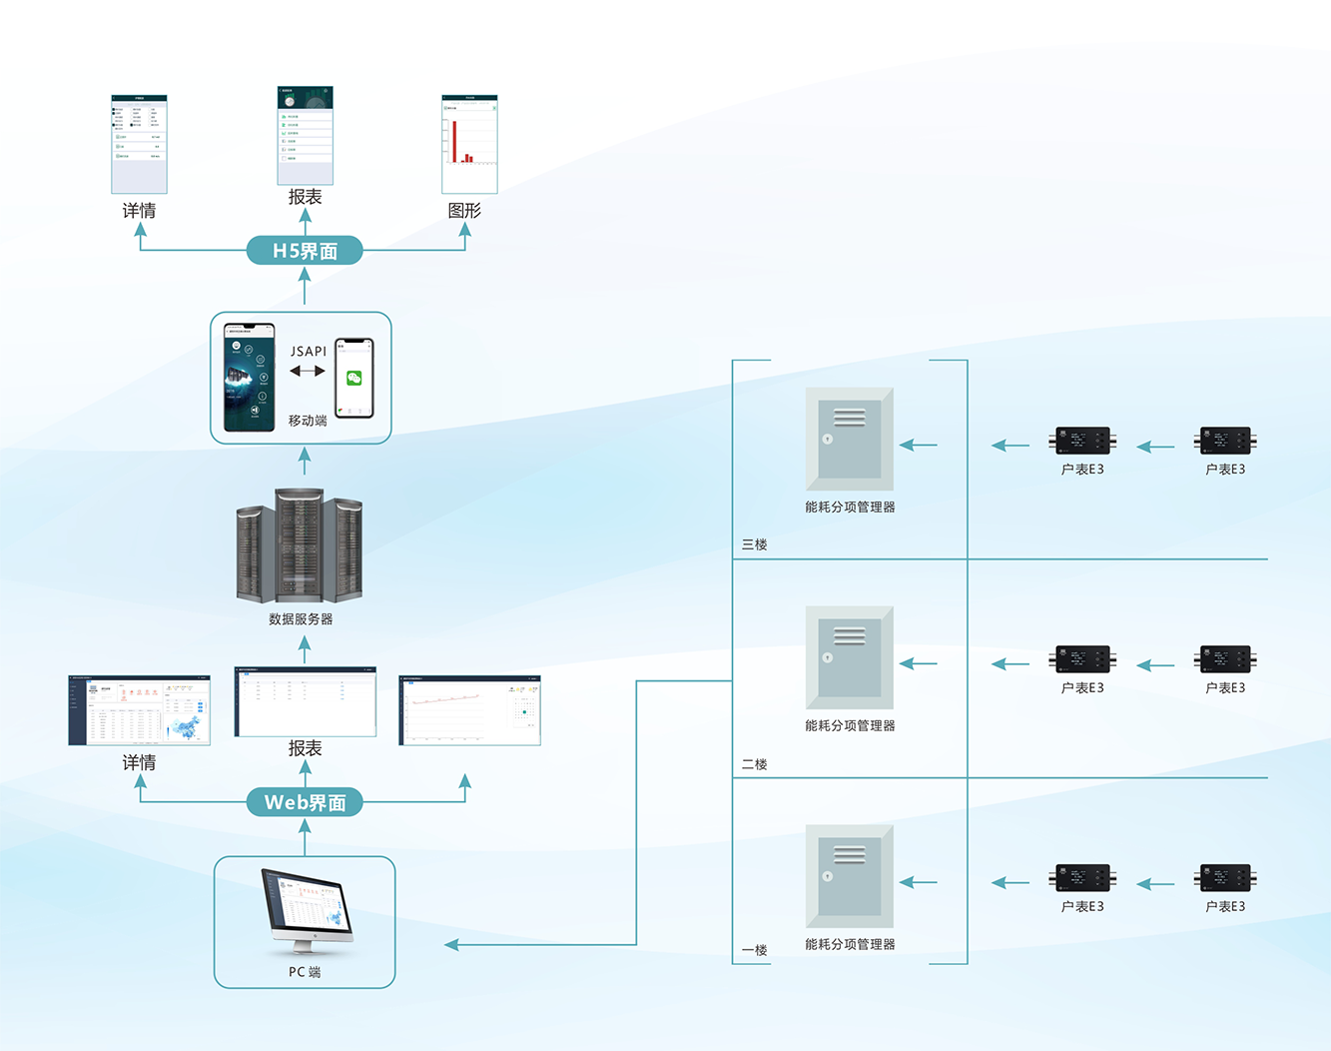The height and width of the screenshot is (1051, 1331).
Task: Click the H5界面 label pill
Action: (x=305, y=251)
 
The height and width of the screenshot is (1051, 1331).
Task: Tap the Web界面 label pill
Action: (x=305, y=802)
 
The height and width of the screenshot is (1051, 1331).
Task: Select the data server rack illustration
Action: (x=300, y=545)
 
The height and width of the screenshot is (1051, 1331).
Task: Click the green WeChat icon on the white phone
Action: (x=353, y=378)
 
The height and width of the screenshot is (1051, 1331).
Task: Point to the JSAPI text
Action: (x=309, y=351)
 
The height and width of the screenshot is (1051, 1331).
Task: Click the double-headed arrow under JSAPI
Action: (x=308, y=371)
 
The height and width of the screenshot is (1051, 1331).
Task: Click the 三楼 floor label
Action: (x=754, y=544)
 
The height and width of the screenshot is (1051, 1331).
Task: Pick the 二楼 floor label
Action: (x=754, y=764)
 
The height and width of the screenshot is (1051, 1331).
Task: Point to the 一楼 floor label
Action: (x=754, y=950)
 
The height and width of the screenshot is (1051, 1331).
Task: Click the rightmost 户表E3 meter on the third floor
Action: (x=1225, y=441)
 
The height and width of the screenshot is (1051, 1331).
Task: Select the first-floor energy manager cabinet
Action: (x=850, y=875)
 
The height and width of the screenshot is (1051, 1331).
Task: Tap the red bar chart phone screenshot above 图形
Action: (x=469, y=144)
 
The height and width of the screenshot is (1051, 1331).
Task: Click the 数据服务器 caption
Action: (x=301, y=619)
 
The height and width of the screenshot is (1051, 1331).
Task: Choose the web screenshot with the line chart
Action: (x=469, y=710)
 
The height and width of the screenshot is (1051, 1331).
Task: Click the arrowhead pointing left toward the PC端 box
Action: (x=452, y=944)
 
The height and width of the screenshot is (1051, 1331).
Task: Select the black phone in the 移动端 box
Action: (x=250, y=378)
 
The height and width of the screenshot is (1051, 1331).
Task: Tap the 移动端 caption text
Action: (x=308, y=421)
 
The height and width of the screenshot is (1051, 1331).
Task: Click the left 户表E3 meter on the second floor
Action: (x=1082, y=659)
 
